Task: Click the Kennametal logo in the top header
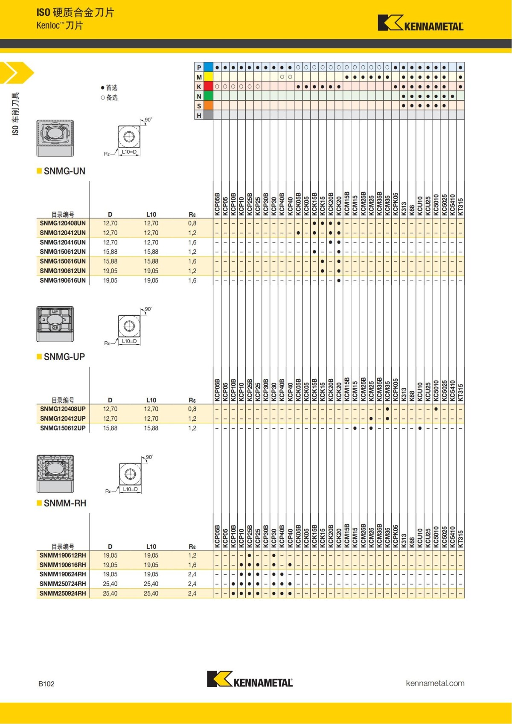[420, 23]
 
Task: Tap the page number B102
[47, 683]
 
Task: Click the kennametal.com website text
[435, 683]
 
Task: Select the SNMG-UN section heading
[64, 171]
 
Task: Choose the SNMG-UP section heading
[64, 357]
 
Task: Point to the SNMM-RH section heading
[65, 503]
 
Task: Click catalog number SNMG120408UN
[63, 223]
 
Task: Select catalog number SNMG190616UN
[63, 280]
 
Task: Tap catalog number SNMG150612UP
[63, 428]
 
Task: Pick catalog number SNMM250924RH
[63, 593]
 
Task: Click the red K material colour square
[208, 87]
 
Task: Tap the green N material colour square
[208, 96]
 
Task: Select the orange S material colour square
[208, 105]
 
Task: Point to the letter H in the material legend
[199, 115]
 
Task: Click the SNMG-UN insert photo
[55, 138]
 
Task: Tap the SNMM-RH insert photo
[55, 473]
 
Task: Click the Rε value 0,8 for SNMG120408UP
[192, 409]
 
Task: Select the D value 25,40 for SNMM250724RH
[110, 584]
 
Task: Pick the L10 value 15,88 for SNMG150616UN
[151, 261]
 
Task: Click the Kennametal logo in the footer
[250, 679]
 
